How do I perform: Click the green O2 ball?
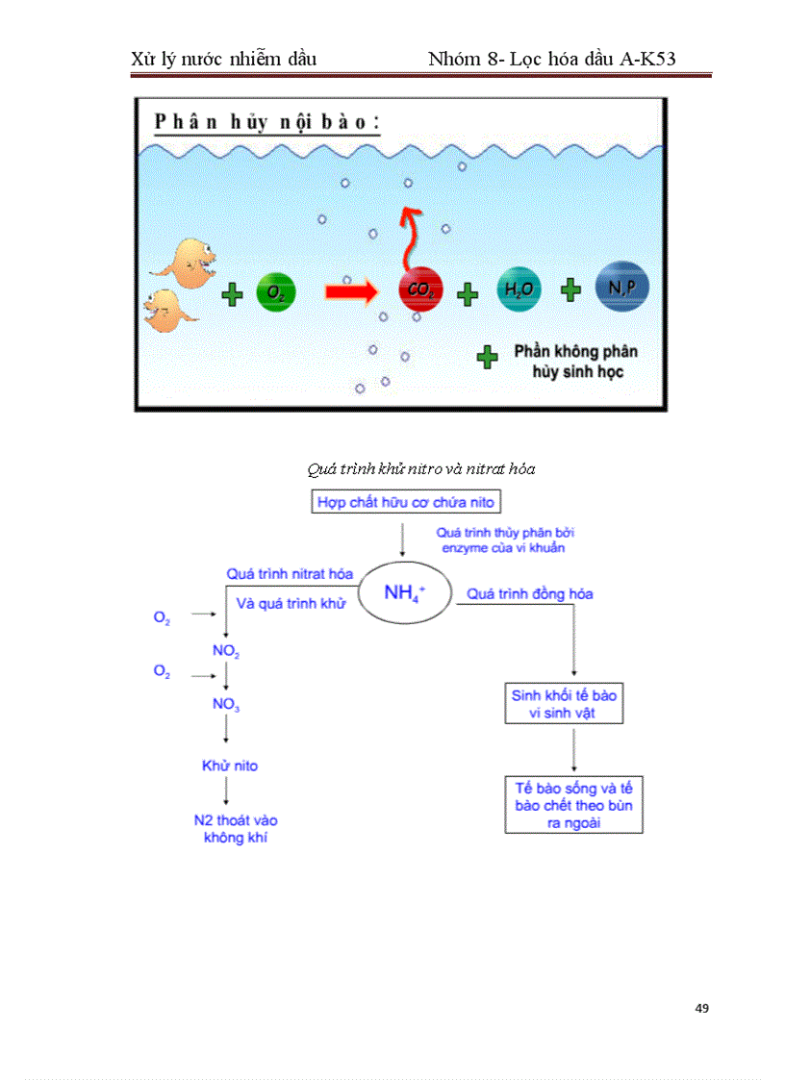(277, 291)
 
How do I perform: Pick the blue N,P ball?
(621, 289)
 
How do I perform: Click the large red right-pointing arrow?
(352, 290)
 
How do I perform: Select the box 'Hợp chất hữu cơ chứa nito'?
(406, 502)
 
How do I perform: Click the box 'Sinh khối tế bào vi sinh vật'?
(564, 703)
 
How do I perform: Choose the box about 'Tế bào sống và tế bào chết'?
(573, 805)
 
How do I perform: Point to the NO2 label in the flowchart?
(226, 651)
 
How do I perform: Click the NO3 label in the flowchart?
(226, 704)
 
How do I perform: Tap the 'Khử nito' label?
(229, 766)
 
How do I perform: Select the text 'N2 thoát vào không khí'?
(236, 829)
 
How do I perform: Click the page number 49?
(701, 1008)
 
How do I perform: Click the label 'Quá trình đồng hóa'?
(530, 594)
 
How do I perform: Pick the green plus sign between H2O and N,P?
(571, 290)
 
